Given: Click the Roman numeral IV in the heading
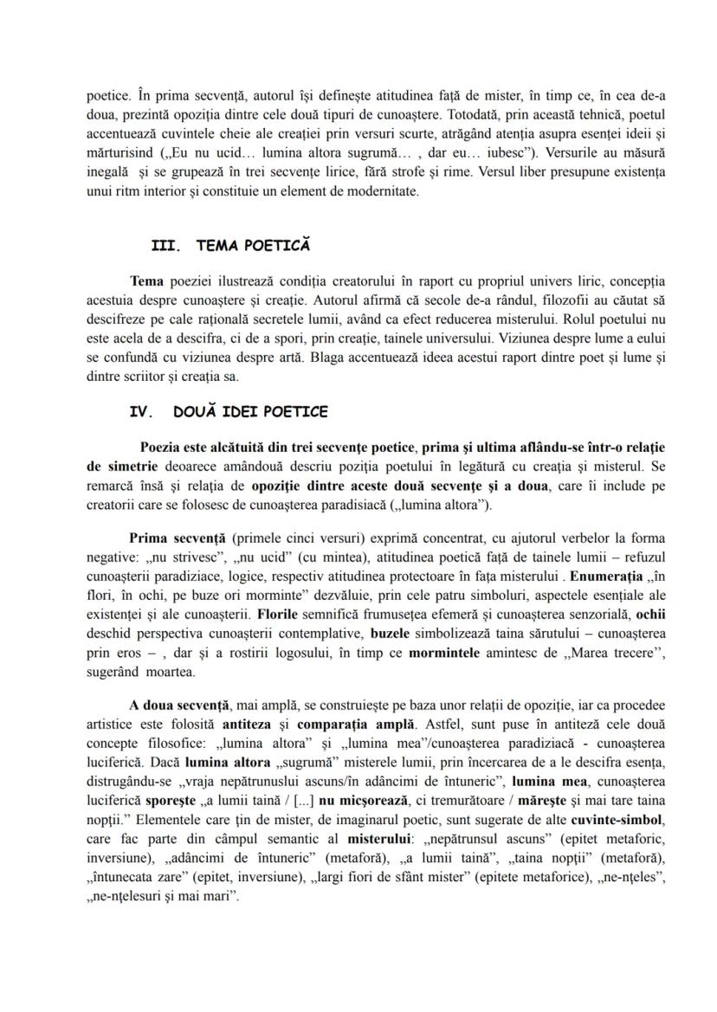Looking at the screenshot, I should coord(141,412).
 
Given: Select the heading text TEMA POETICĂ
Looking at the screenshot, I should coord(253,246).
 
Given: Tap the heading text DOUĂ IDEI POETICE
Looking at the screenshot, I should coord(250,412).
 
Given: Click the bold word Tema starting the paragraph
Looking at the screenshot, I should coord(145,280).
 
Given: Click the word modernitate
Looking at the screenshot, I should coord(378,191).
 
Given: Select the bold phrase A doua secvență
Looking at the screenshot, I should coord(176,703).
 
